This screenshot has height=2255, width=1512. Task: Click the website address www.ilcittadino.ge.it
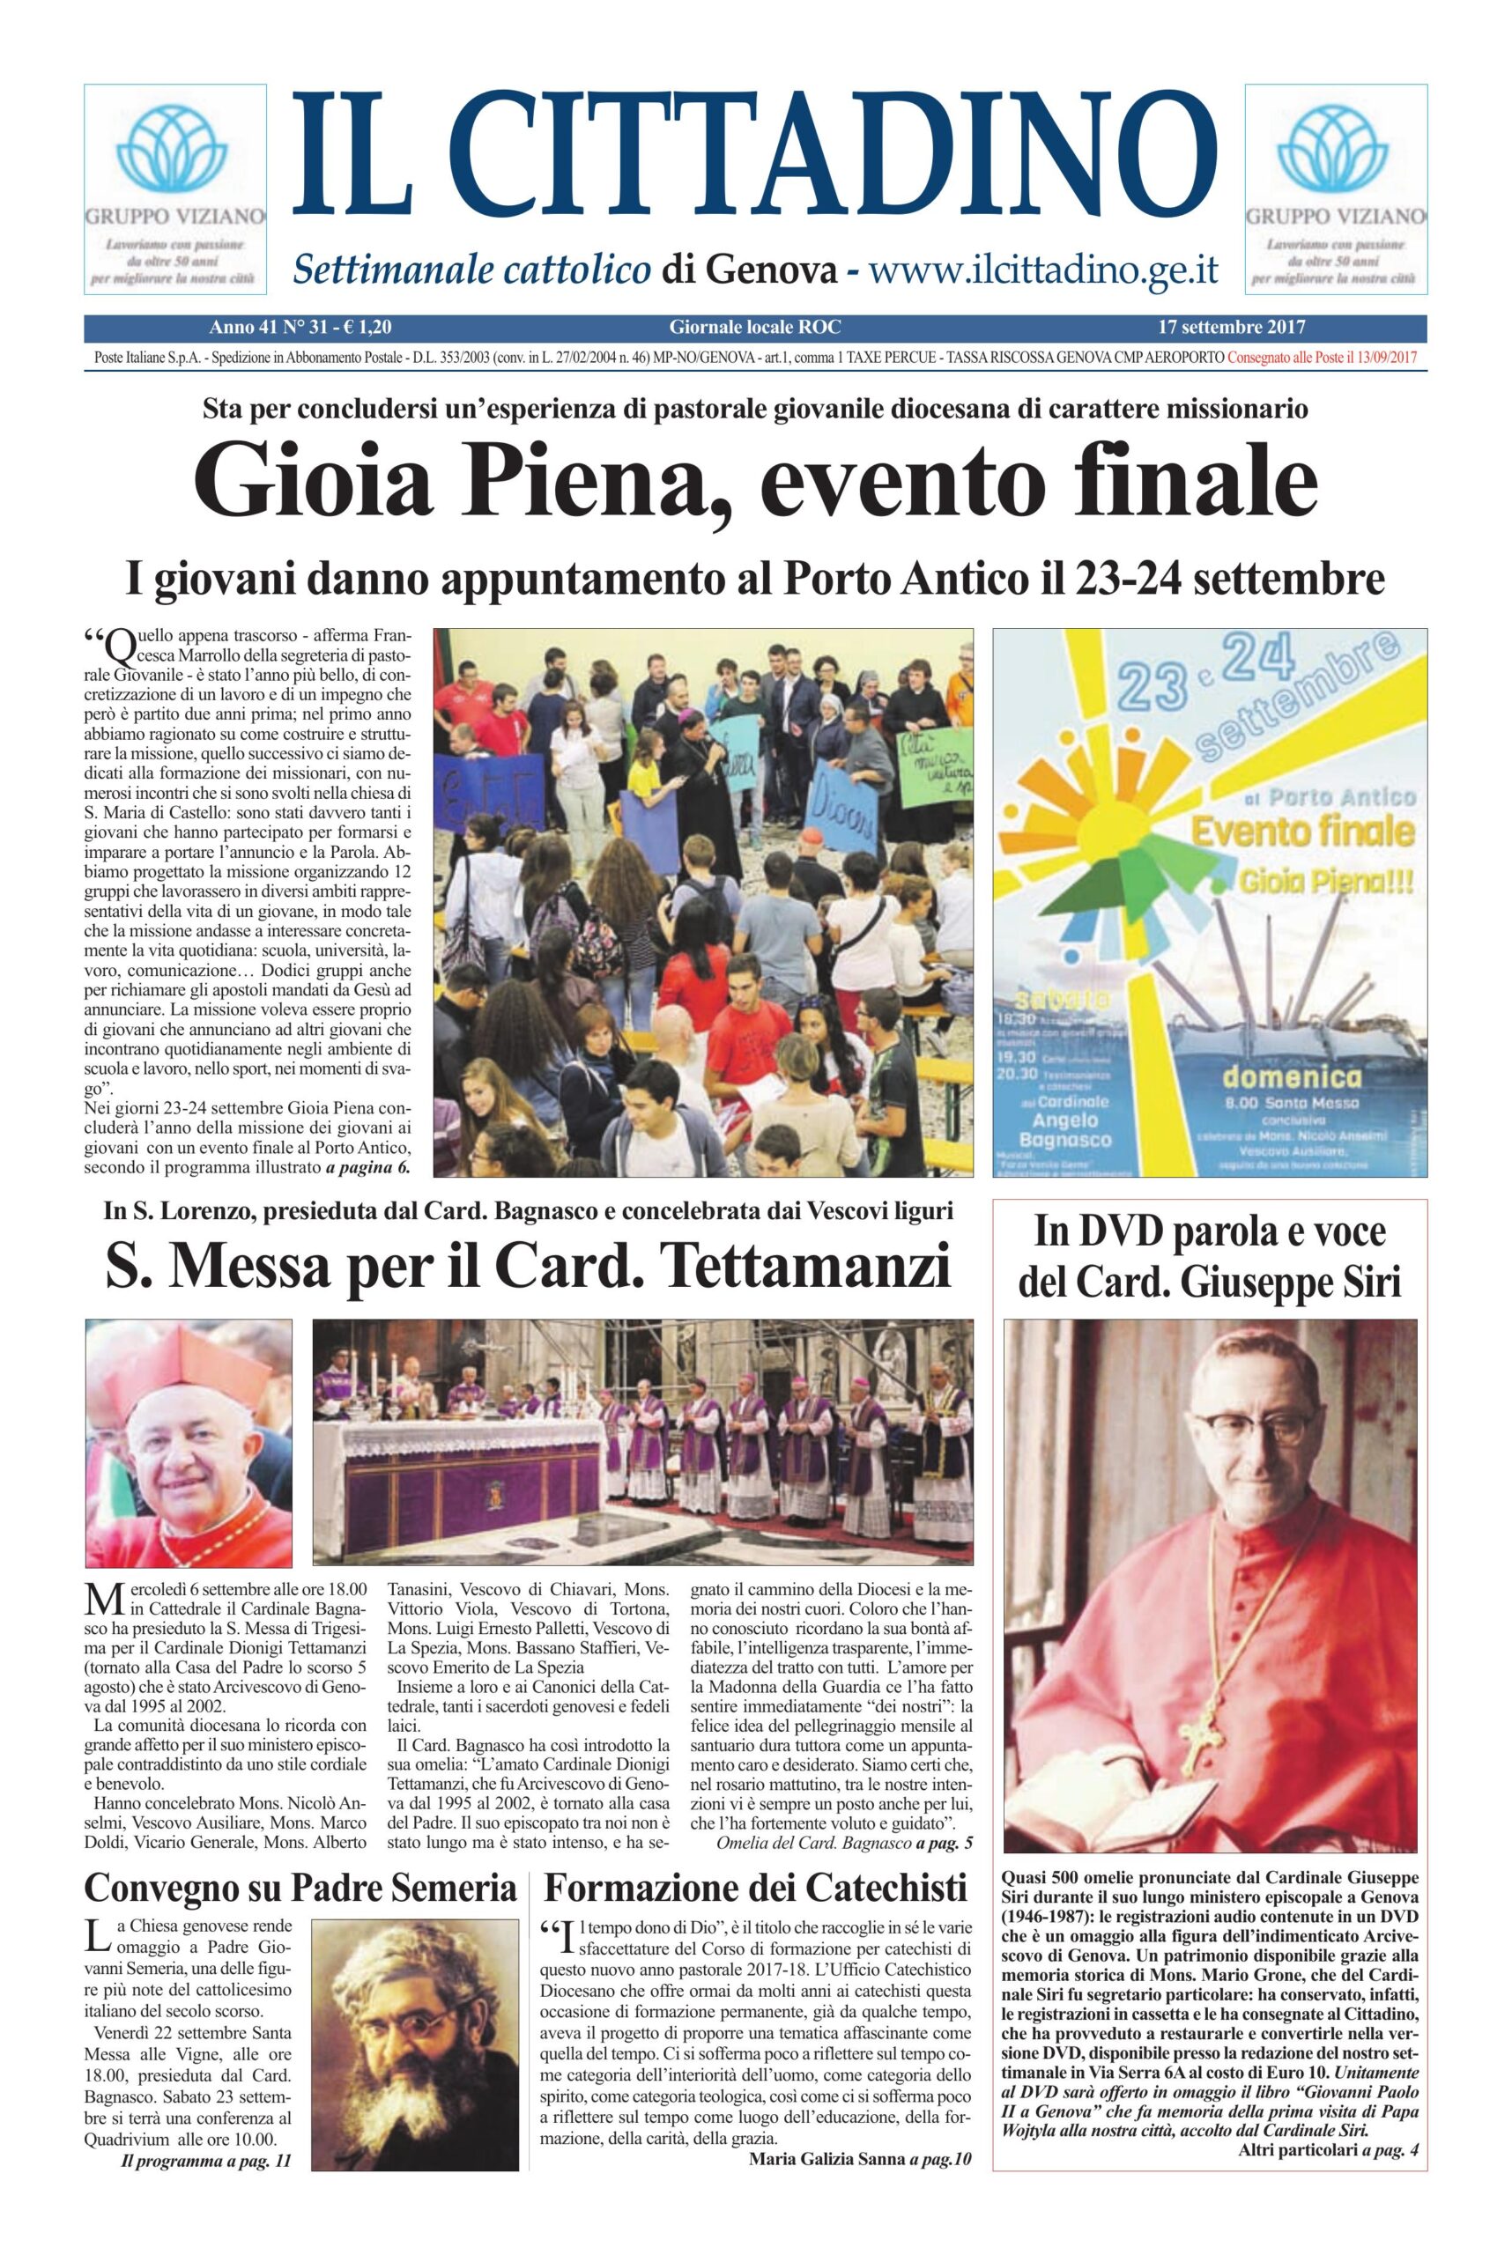point(1044,270)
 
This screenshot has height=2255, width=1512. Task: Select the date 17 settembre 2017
point(1232,328)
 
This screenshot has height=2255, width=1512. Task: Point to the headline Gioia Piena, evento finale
point(755,480)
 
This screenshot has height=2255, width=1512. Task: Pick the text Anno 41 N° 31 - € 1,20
point(300,328)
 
